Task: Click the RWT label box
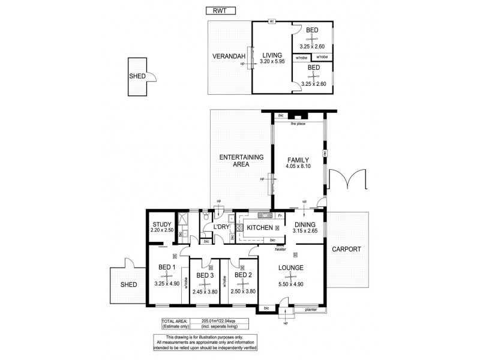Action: [x=220, y=11]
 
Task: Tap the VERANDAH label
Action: [x=229, y=56]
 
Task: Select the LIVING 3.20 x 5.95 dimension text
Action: [x=272, y=61]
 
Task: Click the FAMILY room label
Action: [x=298, y=160]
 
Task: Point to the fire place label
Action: [x=298, y=124]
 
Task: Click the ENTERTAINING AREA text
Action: [x=241, y=161]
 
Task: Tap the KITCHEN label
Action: [x=260, y=227]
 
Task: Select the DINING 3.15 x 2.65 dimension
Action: [x=305, y=231]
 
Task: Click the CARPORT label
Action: [x=347, y=249]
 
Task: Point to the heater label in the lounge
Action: [x=280, y=249]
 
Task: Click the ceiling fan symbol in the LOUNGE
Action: [x=290, y=277]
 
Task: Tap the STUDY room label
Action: [x=161, y=224]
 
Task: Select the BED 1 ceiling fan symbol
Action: [x=167, y=277]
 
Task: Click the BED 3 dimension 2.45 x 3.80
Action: [x=205, y=292]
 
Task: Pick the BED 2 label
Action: [x=243, y=275]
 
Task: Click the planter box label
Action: [x=311, y=310]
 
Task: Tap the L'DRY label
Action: [x=221, y=227]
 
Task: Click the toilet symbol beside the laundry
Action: [x=206, y=215]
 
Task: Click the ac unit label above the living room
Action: [x=272, y=22]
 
